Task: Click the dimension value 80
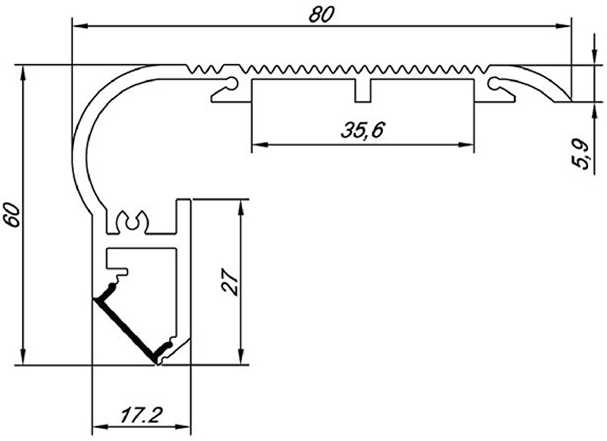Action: click(x=321, y=15)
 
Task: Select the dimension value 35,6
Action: click(x=362, y=130)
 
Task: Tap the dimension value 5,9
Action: click(x=581, y=154)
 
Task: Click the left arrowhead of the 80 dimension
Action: click(x=79, y=26)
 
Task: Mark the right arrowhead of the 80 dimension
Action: click(x=564, y=26)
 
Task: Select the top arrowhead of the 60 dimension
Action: click(x=23, y=73)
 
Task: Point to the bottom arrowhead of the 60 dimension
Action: click(x=23, y=357)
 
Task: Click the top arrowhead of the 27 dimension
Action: click(x=241, y=207)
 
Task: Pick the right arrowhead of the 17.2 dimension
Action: click(x=183, y=427)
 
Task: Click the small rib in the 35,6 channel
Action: click(x=363, y=91)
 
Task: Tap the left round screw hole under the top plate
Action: click(x=233, y=83)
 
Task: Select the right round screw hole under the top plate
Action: click(x=494, y=83)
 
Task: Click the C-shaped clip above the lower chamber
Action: click(x=133, y=221)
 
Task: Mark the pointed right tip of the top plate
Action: click(x=570, y=100)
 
